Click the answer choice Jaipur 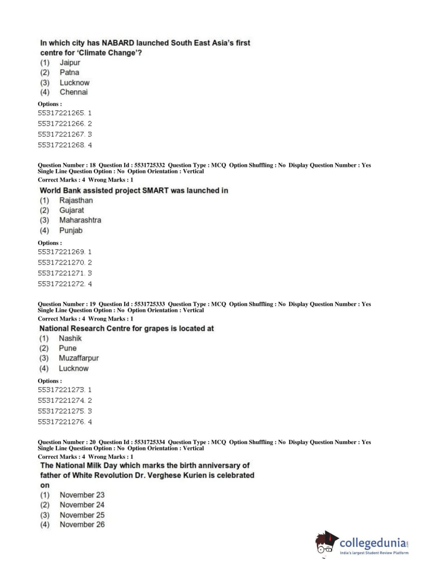(69, 63)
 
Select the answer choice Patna (69, 73)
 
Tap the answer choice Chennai (73, 92)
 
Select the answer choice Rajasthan (76, 201)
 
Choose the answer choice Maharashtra (80, 220)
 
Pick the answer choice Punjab (71, 230)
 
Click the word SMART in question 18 (155, 190)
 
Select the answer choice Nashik (70, 338)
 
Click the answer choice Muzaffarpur (78, 358)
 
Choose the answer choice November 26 (82, 525)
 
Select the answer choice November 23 (82, 495)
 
